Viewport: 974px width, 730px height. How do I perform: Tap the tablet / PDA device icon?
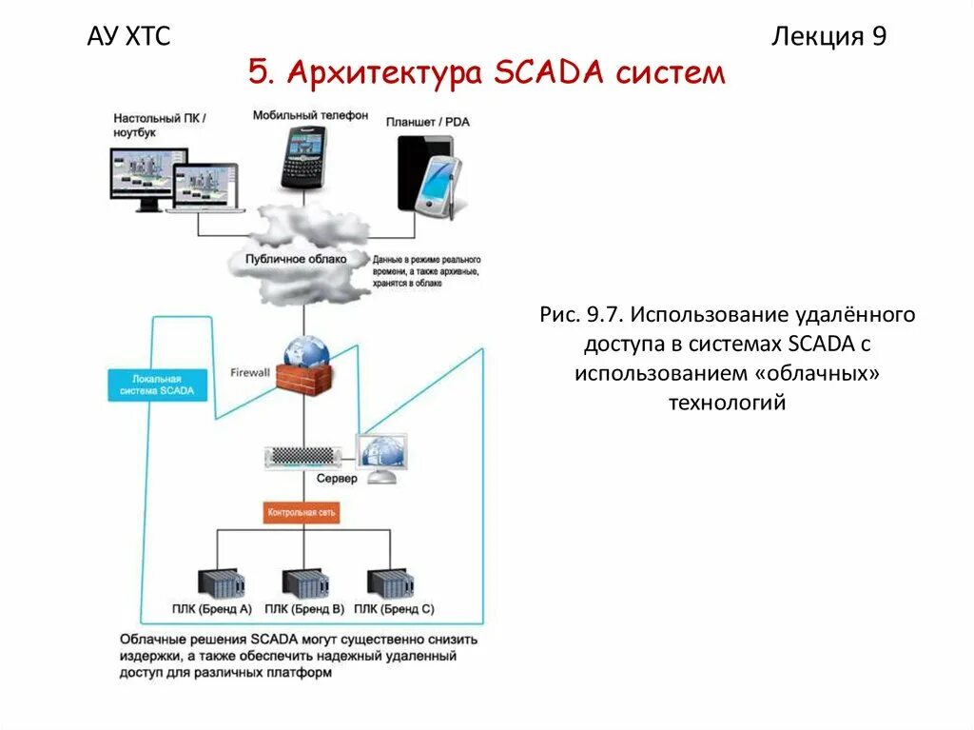point(428,175)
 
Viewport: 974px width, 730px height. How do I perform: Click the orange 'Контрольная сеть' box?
point(302,512)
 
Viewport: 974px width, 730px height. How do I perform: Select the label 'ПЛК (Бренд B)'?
point(304,608)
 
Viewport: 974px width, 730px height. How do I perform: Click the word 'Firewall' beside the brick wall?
point(250,372)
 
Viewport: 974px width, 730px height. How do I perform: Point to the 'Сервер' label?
point(336,479)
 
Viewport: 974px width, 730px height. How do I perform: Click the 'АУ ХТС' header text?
point(128,37)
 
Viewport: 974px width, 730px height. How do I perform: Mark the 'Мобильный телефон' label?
point(310,115)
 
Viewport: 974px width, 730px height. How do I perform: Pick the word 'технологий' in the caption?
point(727,403)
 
